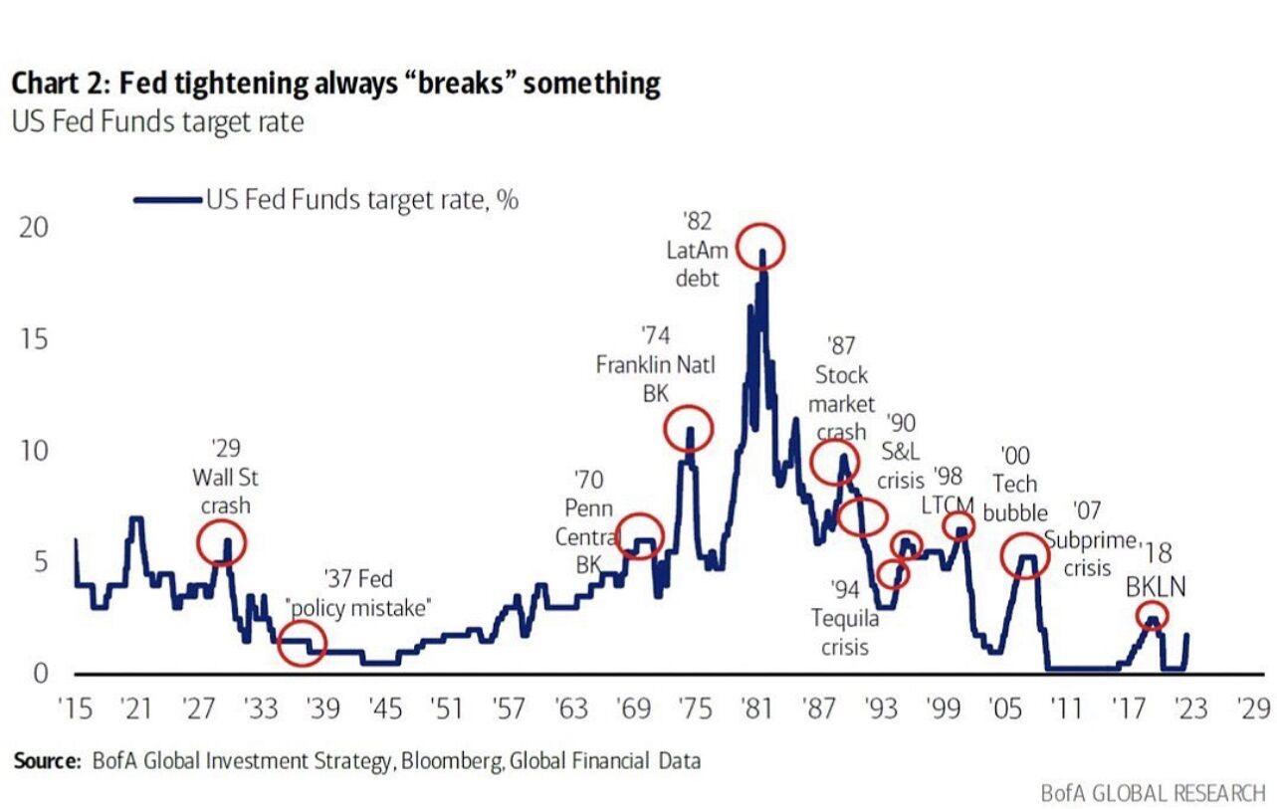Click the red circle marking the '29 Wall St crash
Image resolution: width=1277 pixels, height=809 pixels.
(x=221, y=542)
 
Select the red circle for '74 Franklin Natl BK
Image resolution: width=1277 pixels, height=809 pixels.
(x=688, y=428)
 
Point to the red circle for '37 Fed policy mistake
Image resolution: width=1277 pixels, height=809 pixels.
(x=302, y=643)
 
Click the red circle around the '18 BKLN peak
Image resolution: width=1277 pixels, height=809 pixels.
(x=1152, y=617)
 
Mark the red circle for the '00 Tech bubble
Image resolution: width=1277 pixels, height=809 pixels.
(x=1024, y=557)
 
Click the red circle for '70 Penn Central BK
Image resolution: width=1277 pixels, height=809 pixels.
(x=640, y=536)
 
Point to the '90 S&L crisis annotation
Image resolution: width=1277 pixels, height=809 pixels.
(x=901, y=452)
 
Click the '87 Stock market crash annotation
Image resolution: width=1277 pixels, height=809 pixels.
(x=841, y=389)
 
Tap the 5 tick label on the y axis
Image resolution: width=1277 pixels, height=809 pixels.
(x=39, y=562)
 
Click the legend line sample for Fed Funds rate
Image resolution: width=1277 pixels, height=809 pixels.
(x=168, y=200)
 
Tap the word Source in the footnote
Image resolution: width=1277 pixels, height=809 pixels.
(x=46, y=761)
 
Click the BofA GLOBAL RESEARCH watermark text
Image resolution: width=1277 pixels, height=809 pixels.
(x=1153, y=793)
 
